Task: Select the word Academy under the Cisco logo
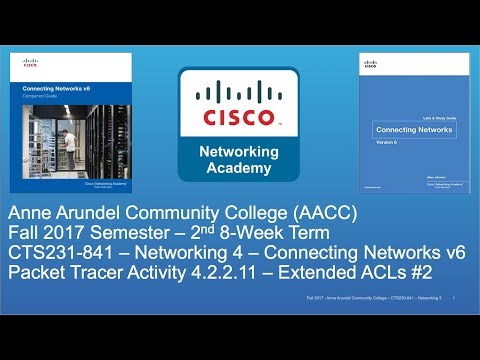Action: pos(240,166)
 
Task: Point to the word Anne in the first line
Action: pos(32,213)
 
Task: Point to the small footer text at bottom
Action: pos(375,298)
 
